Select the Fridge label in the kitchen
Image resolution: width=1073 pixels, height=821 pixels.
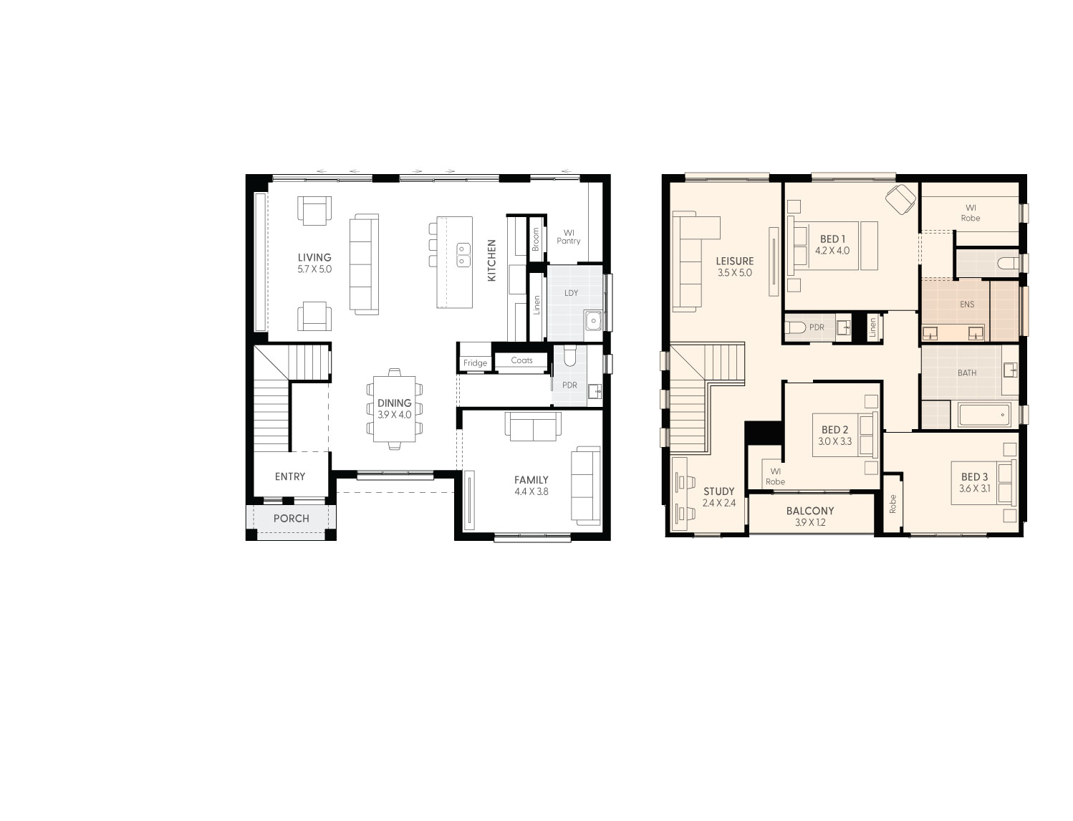coord(475,363)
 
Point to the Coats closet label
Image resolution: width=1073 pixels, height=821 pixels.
coord(521,360)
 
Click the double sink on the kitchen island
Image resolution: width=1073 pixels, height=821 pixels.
coord(463,254)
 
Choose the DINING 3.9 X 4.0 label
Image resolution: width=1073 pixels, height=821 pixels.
coord(394,408)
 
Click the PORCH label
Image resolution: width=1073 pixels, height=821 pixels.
coord(291,518)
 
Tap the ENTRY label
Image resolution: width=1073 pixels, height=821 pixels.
coord(290,476)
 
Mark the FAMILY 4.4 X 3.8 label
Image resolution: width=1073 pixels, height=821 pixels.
coord(531,486)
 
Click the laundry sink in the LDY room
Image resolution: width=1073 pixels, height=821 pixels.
coord(593,320)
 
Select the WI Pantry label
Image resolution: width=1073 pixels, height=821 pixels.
coord(569,236)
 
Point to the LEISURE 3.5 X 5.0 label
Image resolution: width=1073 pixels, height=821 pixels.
coord(734,267)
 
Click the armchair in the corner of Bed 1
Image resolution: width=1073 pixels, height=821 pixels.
coord(900,198)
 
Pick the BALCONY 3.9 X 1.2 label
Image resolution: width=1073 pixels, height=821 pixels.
coord(810,517)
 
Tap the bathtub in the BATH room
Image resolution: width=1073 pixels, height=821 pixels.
coord(984,415)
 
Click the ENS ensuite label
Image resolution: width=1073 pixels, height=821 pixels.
coord(967,304)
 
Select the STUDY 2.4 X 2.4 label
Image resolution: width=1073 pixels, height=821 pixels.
coord(718,496)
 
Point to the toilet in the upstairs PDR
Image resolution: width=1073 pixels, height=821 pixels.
coord(794,328)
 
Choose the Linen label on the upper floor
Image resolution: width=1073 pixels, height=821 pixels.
coord(872,327)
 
